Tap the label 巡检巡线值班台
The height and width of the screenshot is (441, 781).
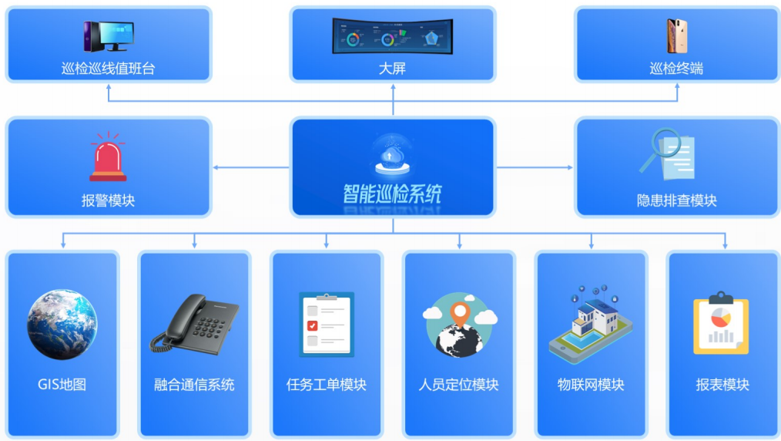pos(108,69)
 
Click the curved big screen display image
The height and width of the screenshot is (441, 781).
pos(392,36)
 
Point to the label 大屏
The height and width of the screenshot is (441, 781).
pos(392,69)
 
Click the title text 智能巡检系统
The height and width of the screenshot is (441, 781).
pos(392,193)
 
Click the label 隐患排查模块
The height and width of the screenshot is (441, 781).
pos(676,200)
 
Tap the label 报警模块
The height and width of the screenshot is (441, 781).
pos(108,200)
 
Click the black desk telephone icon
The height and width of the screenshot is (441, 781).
pos(194,323)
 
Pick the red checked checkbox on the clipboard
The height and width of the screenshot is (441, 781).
pos(312,325)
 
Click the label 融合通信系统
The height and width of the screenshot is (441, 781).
pos(194,385)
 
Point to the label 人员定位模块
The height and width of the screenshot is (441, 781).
pos(459,385)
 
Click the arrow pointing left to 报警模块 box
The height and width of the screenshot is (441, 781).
pos(218,167)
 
